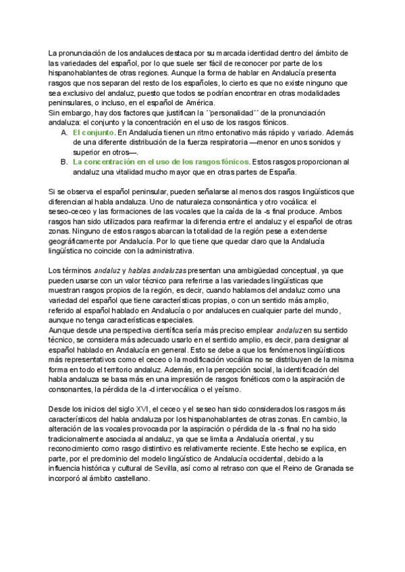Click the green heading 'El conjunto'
coord(94,134)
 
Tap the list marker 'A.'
coord(64,134)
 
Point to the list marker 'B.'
coord(64,162)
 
